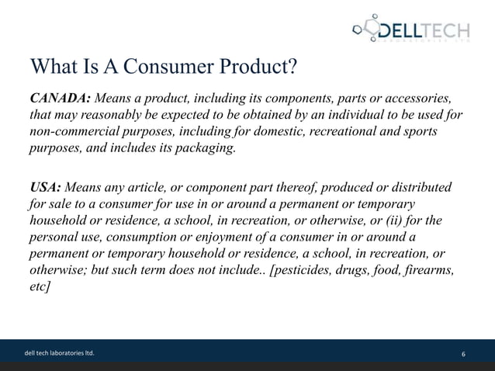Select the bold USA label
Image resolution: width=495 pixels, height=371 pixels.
click(46, 188)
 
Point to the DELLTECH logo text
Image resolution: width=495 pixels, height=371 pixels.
click(422, 31)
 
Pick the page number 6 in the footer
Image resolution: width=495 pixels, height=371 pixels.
click(463, 356)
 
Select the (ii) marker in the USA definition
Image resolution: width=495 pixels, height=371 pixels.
click(408, 221)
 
